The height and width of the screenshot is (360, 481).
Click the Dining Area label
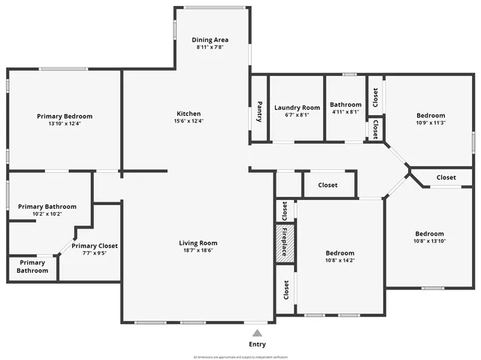pos(210,39)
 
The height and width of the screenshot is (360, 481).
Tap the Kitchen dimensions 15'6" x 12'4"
pos(189,121)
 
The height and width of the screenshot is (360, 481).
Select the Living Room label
pos(198,243)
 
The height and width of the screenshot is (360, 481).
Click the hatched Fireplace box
pos(286,243)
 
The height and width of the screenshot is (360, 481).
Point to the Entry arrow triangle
pos(257,332)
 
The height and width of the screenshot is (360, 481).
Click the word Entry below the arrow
pos(257,344)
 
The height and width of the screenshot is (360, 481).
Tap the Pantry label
pos(259,111)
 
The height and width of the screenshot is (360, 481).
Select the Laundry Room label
pos(297,107)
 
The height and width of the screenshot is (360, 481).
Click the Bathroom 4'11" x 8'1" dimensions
pos(345,112)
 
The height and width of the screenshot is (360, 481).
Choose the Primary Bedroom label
pos(65,116)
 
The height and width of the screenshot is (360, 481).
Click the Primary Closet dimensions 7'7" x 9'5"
pos(95,253)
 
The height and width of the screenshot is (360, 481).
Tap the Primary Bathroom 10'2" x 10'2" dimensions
pos(47,214)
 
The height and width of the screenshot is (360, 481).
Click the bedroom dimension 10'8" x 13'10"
pos(429,241)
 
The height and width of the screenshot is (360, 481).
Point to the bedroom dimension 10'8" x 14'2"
pos(340,261)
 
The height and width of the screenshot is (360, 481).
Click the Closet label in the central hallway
pos(328,185)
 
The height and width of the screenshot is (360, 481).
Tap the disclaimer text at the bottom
pos(240,357)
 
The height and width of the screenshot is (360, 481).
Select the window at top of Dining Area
pos(210,8)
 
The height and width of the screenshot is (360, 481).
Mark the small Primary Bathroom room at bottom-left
pos(32,267)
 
